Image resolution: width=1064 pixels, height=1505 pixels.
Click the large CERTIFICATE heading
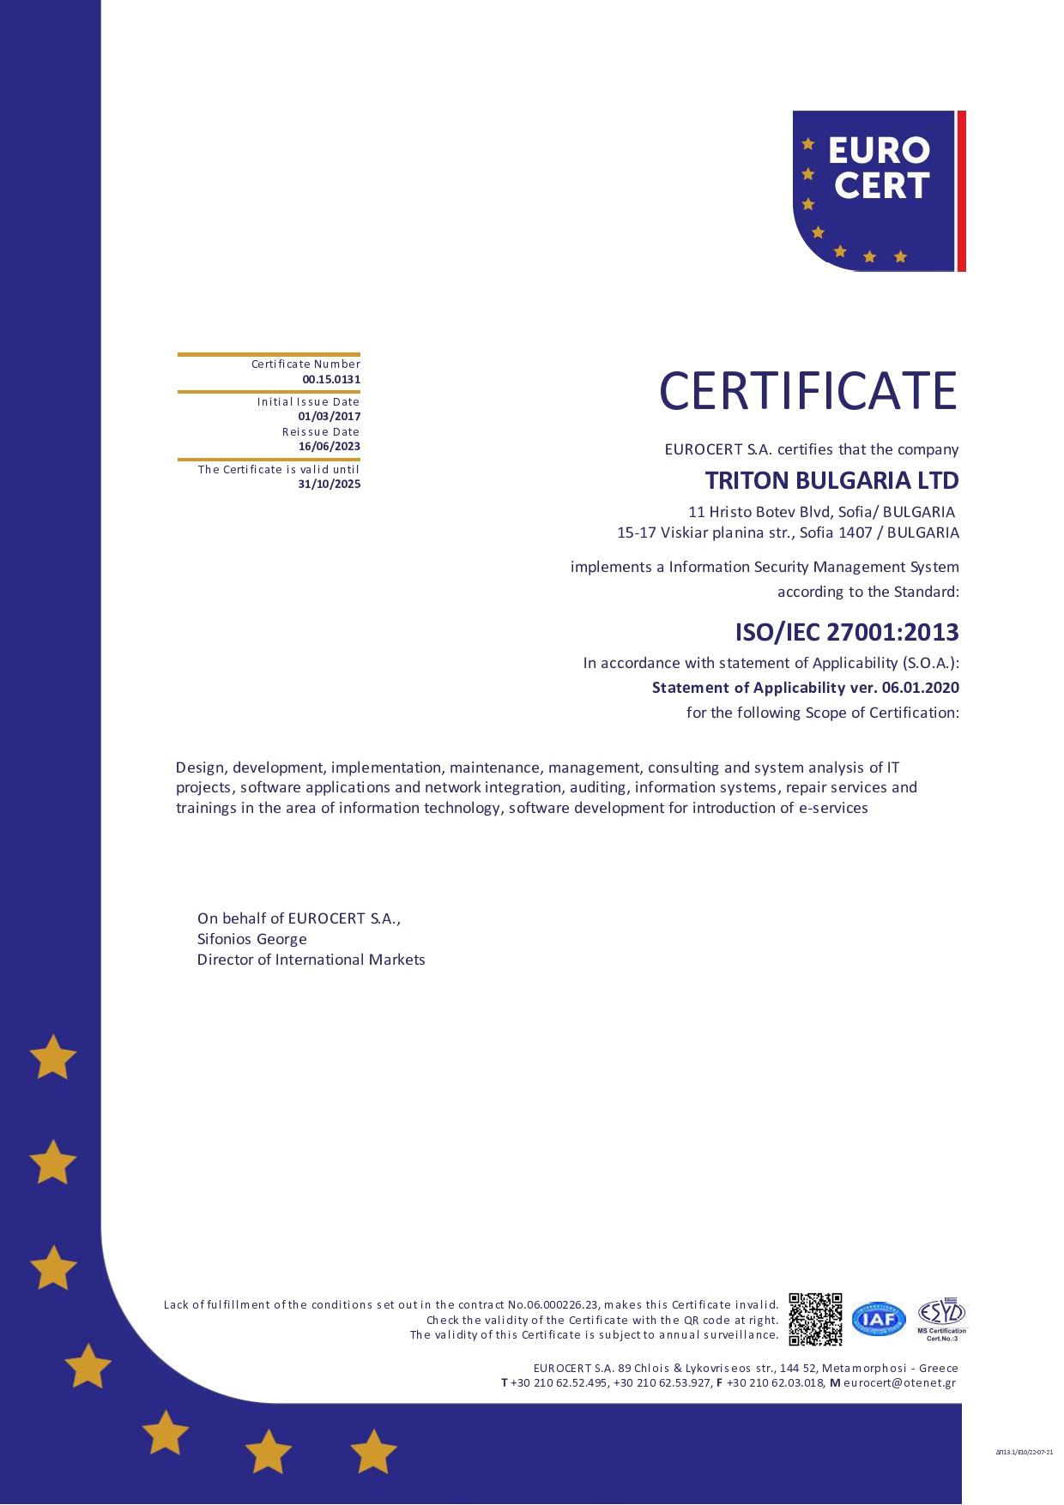click(x=807, y=391)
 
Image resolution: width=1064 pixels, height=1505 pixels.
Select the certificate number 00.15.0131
click(x=331, y=379)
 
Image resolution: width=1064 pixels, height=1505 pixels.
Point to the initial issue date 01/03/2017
click(x=329, y=416)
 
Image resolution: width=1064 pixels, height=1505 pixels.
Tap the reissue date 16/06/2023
click(x=329, y=446)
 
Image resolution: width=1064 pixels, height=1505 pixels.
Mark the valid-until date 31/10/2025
click(x=329, y=484)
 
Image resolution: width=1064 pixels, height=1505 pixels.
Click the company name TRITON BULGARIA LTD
click(x=831, y=480)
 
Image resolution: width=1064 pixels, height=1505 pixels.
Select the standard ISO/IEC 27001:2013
click(x=846, y=632)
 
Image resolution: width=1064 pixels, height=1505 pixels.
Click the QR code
click(x=815, y=1319)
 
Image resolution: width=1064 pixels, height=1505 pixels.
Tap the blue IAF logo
click(x=879, y=1319)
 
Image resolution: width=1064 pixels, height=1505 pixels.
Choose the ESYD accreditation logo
click(x=941, y=1317)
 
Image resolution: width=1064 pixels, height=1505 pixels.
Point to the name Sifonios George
click(x=252, y=939)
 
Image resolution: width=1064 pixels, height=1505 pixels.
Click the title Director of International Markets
click(x=311, y=960)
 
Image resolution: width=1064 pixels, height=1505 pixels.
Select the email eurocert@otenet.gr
click(x=899, y=1382)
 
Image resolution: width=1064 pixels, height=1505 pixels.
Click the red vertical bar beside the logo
click(x=962, y=190)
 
